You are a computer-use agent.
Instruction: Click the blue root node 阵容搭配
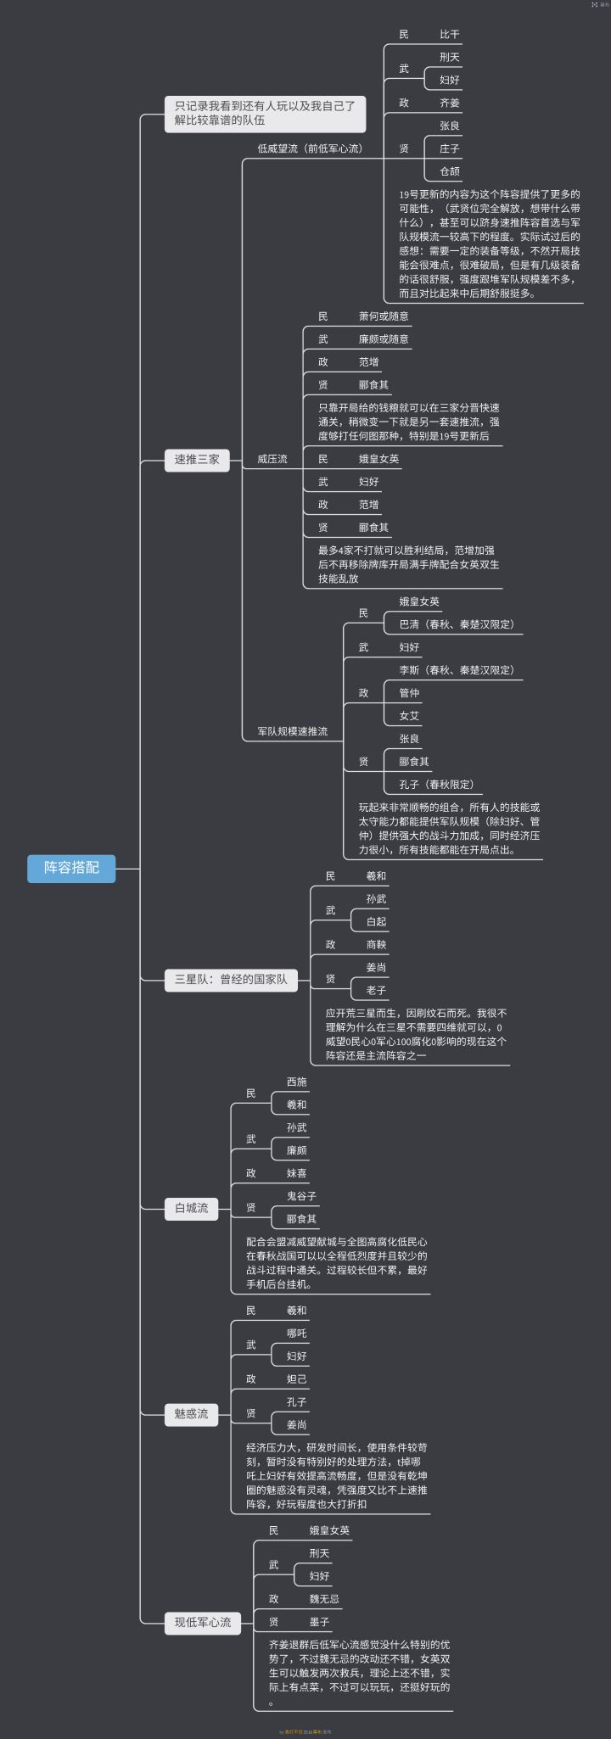tap(71, 868)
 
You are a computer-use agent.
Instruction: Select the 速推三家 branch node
tap(197, 460)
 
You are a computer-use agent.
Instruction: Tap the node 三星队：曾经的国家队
tap(231, 979)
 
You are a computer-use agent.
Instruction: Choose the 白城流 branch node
tap(191, 1207)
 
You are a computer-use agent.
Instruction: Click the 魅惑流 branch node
tap(191, 1413)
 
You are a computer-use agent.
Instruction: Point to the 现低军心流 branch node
tap(203, 1622)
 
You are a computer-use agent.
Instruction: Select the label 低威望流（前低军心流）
tap(310, 148)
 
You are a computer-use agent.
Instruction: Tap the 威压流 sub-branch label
tap(272, 459)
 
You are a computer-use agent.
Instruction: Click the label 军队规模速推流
tap(293, 731)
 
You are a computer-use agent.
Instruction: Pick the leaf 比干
tap(450, 35)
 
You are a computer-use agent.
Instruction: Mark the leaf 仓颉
tap(450, 171)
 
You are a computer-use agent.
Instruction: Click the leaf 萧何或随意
tap(384, 316)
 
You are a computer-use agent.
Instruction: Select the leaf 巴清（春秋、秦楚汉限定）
tap(457, 624)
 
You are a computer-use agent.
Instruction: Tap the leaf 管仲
tap(409, 693)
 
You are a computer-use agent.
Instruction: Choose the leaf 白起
tap(377, 921)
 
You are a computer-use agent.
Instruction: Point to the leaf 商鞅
tap(377, 944)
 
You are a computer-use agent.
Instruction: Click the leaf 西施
tap(297, 1082)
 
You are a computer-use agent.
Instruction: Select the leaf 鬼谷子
tap(301, 1196)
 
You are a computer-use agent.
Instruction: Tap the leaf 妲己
tap(297, 1378)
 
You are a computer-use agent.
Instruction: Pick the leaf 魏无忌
tap(324, 1599)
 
